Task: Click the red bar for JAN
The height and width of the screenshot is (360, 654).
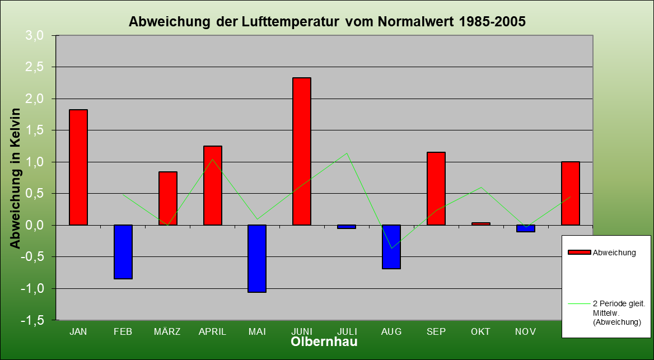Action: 78,167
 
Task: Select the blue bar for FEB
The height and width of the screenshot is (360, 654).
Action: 123,252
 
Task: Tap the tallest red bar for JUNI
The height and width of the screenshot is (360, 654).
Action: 302,151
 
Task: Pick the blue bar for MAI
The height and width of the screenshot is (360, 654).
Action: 257,259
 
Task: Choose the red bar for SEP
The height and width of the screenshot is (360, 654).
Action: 436,189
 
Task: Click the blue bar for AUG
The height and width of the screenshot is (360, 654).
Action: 391,247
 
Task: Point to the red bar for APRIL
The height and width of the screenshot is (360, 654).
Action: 213,185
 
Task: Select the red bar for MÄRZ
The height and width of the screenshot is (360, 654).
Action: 168,198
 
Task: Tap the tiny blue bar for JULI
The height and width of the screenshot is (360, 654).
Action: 347,227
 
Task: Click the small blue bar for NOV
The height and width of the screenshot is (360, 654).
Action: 526,228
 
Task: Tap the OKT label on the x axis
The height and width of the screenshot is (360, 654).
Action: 481,331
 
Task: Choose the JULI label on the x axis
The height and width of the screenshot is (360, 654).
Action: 347,331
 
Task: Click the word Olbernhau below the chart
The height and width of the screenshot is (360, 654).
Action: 324,342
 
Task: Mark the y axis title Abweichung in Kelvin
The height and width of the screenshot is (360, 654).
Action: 15,178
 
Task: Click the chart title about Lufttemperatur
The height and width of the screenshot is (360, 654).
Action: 327,22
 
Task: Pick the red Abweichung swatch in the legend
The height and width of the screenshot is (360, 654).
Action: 579,253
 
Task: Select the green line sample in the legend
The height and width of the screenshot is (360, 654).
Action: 579,304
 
